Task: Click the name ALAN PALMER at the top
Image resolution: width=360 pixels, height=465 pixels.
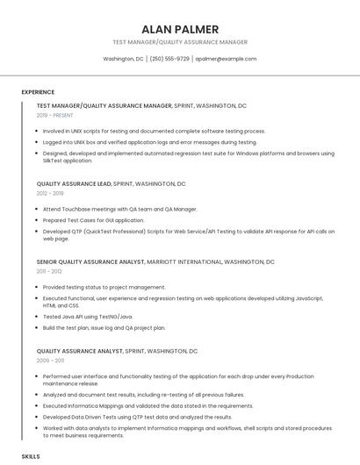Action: [x=180, y=29]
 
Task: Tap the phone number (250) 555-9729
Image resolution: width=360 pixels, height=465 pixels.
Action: [x=169, y=59]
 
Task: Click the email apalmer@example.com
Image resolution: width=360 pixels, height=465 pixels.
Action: [x=226, y=59]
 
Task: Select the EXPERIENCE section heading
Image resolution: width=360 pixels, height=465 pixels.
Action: [x=38, y=92]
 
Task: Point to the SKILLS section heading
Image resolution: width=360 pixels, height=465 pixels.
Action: [x=31, y=457]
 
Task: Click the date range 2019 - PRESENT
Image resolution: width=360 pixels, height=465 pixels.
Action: [x=54, y=115]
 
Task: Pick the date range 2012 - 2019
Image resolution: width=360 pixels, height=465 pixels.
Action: [x=50, y=193]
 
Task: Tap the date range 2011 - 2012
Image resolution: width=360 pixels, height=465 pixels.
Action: [x=49, y=271]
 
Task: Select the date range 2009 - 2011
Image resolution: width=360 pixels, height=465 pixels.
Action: [x=50, y=360]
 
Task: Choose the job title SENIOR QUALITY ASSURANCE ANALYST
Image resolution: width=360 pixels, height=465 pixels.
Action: [x=90, y=261]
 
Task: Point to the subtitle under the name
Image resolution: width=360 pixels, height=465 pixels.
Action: [x=180, y=42]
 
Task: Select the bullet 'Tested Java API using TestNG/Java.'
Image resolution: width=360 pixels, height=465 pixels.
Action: [x=88, y=316]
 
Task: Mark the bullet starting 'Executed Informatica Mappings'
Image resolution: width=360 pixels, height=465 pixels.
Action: [x=148, y=406]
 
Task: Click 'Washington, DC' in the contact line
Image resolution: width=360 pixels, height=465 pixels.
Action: [x=123, y=59]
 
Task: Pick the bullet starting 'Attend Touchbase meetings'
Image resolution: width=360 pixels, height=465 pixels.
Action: [x=119, y=209]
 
